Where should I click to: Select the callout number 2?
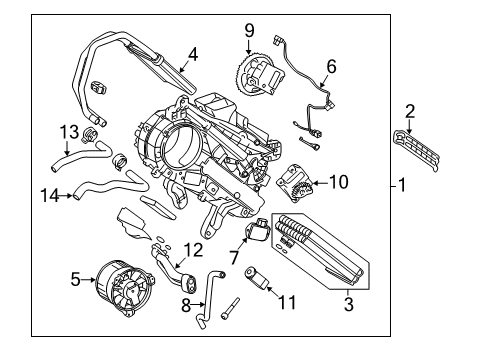click(x=409, y=111)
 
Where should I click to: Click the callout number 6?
click(x=331, y=67)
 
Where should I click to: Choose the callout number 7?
click(x=235, y=259)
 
